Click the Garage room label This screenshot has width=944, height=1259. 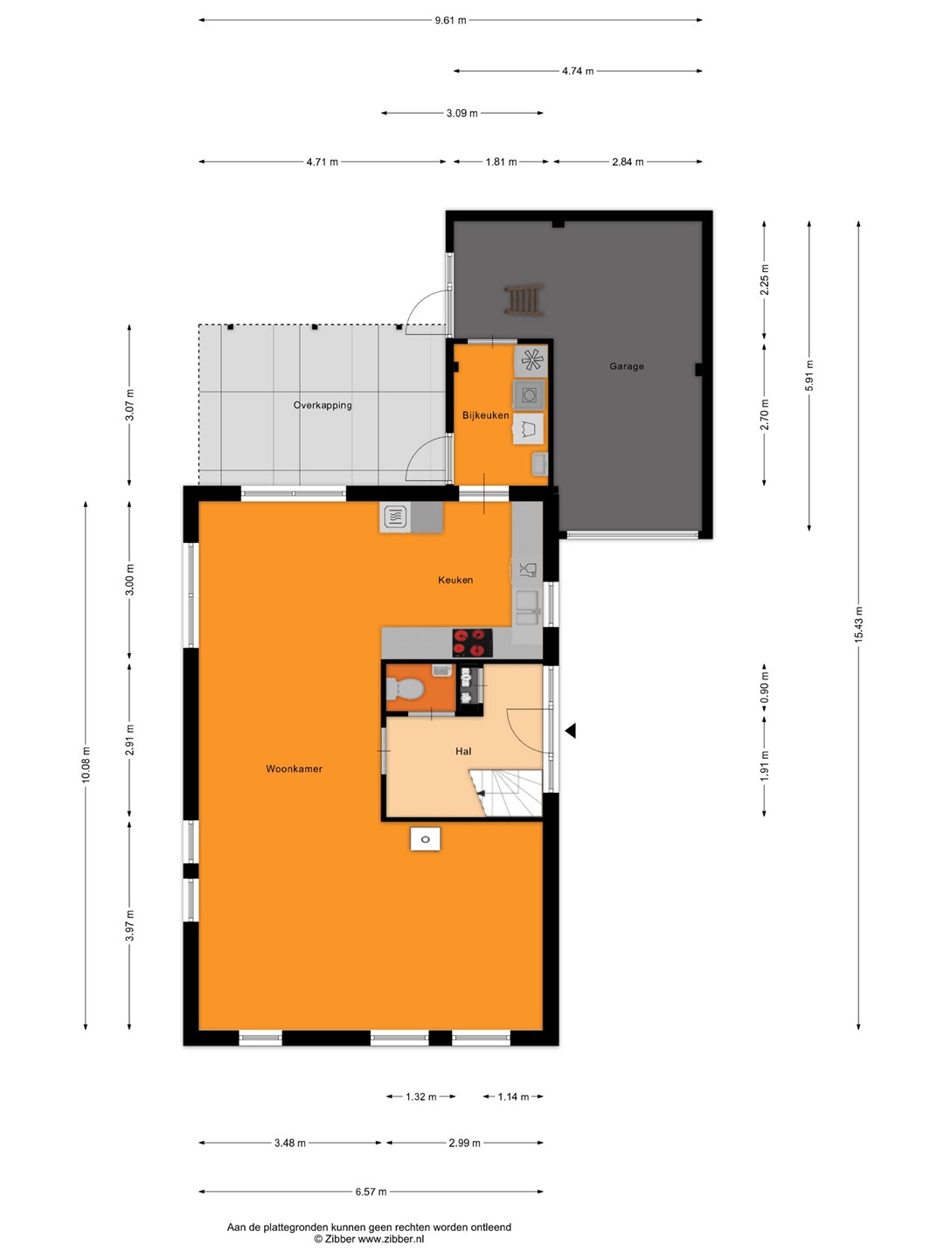click(x=626, y=366)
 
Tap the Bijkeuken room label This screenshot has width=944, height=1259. click(x=485, y=415)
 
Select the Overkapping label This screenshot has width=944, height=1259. click(x=323, y=405)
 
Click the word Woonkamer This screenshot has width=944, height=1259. click(x=294, y=769)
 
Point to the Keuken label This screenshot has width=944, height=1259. click(x=455, y=580)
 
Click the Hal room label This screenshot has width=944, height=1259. click(x=463, y=751)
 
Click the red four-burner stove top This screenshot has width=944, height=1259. click(x=472, y=643)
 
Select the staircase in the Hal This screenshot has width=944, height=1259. click(x=506, y=792)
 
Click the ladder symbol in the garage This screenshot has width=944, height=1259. click(x=524, y=299)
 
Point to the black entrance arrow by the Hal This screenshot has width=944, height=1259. click(x=570, y=731)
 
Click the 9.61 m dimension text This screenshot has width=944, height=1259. click(x=450, y=20)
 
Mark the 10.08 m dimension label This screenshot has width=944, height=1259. click(x=86, y=764)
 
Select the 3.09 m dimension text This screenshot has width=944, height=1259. click(x=462, y=113)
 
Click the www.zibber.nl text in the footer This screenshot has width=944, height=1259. click(x=391, y=1238)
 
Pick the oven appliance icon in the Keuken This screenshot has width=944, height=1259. click(x=394, y=517)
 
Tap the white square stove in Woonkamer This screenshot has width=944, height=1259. click(x=426, y=839)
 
